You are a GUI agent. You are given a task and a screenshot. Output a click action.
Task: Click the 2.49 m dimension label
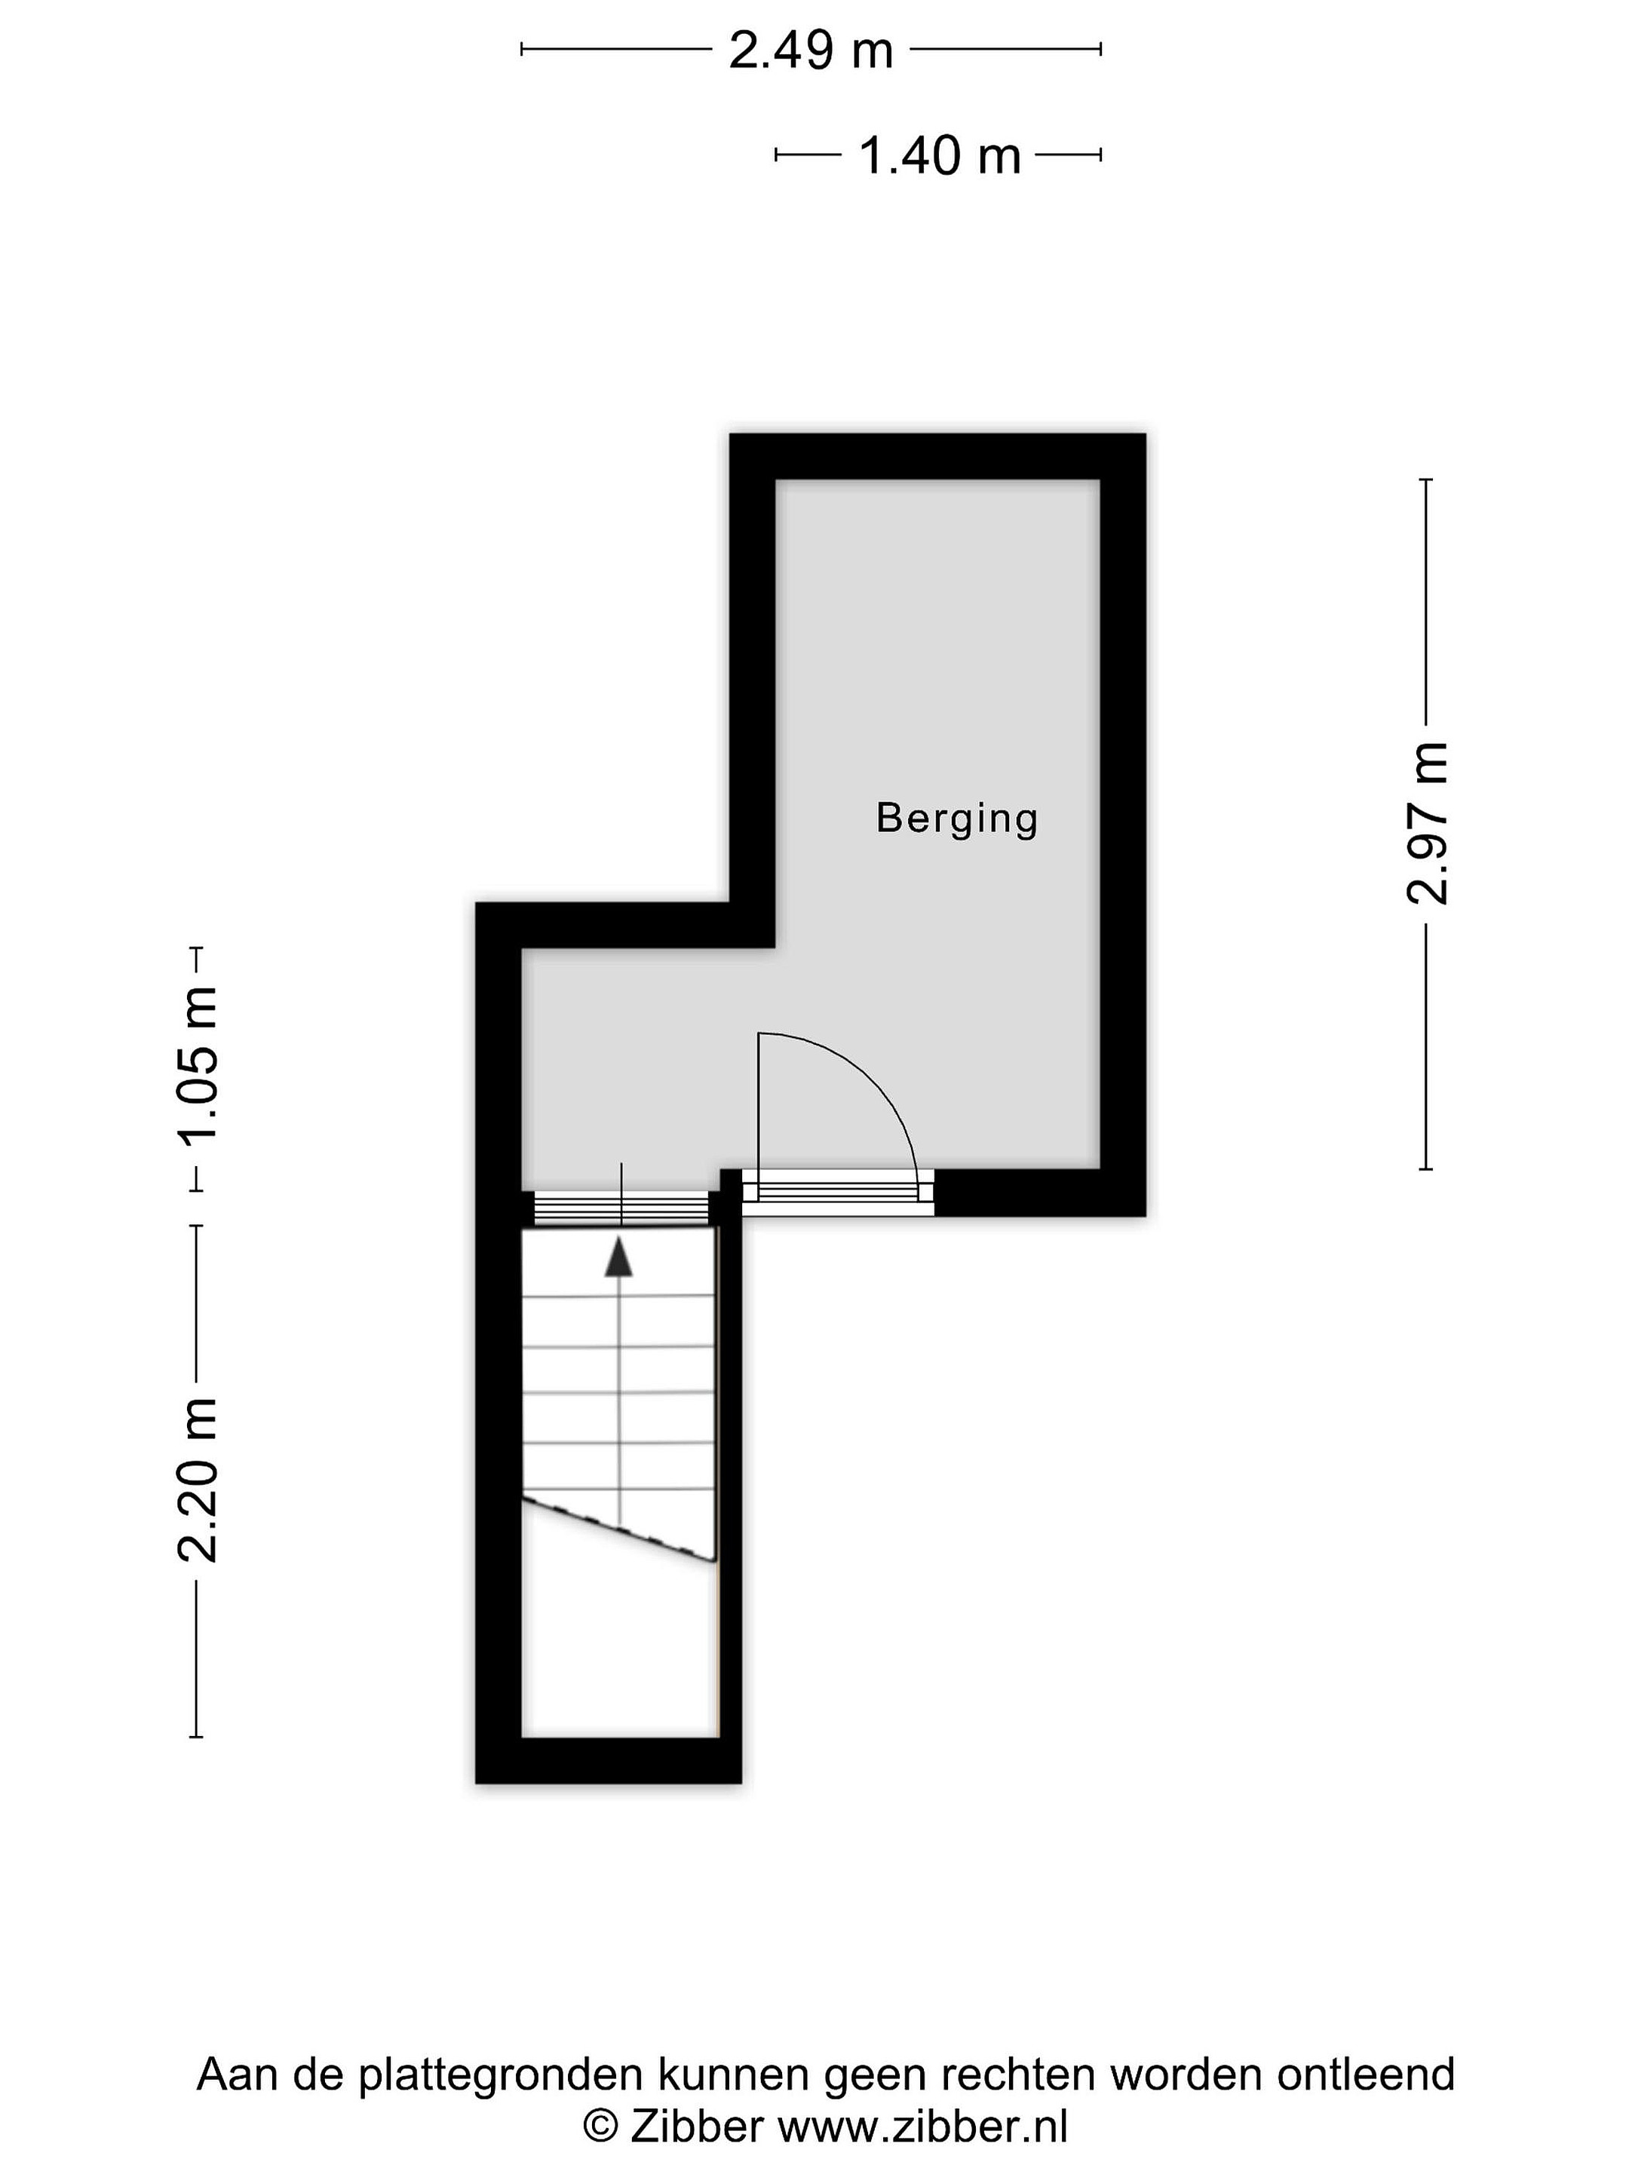point(810,50)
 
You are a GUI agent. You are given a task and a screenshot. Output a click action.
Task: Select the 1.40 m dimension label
point(940,155)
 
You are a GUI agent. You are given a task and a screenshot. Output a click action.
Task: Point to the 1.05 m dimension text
point(196,1067)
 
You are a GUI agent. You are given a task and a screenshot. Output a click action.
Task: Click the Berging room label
point(956,819)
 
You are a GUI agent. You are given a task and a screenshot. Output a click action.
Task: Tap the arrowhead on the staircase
point(618,1257)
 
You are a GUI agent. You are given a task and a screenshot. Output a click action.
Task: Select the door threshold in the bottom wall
point(836,1193)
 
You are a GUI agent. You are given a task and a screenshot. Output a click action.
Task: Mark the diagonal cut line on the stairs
point(618,1529)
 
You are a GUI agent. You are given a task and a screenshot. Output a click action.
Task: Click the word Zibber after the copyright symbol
point(696,2126)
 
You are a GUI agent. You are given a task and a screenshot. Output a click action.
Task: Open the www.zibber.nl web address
point(922,2126)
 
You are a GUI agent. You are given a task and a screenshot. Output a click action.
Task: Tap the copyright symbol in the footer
point(601,2127)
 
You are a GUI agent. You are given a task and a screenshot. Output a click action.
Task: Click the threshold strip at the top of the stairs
point(621,1208)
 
